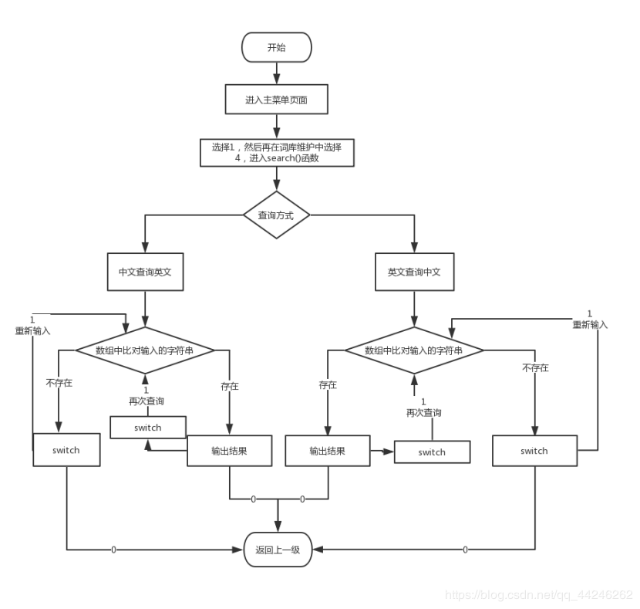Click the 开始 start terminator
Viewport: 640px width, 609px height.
point(276,47)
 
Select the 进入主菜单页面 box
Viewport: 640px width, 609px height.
point(276,100)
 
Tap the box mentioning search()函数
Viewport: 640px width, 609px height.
point(277,152)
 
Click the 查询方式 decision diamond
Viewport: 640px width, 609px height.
point(276,215)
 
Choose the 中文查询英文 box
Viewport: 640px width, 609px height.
point(145,272)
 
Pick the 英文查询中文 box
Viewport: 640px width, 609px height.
point(414,272)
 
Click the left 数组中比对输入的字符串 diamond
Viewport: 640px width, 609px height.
point(144,350)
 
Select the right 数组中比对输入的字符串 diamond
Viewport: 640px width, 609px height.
point(413,350)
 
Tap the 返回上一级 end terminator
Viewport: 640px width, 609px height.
point(278,550)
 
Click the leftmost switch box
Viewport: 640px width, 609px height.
point(66,450)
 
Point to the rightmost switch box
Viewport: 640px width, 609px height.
point(534,450)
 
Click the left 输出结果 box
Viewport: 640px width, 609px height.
point(229,451)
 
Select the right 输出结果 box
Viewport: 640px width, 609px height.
point(328,451)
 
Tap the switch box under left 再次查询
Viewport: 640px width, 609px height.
point(147,428)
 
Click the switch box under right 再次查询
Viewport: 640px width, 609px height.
point(432,452)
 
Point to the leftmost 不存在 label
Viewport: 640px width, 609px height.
point(59,383)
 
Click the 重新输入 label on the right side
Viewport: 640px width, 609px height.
point(590,325)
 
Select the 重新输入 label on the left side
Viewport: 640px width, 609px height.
point(32,331)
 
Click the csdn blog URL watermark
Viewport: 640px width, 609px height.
point(540,595)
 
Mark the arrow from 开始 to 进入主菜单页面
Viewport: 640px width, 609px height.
point(276,73)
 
